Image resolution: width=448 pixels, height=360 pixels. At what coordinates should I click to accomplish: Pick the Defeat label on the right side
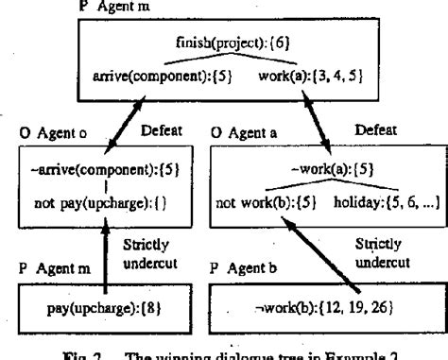tap(384, 135)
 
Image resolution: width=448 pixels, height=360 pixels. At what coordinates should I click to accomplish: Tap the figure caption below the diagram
tap(226, 351)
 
